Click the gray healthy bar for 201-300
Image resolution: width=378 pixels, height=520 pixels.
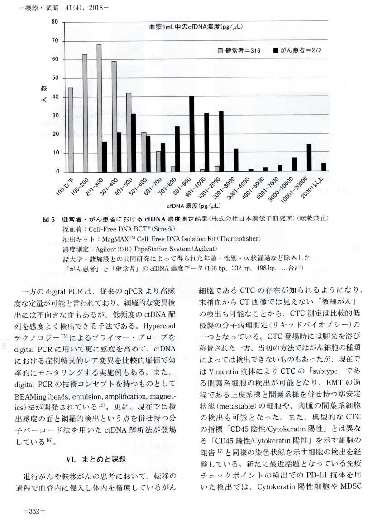pos(99,109)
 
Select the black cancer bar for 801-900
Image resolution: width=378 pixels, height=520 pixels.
pos(192,134)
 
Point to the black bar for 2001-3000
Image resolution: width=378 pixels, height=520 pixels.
pos(236,160)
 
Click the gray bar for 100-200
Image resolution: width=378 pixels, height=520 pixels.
pos(85,113)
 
